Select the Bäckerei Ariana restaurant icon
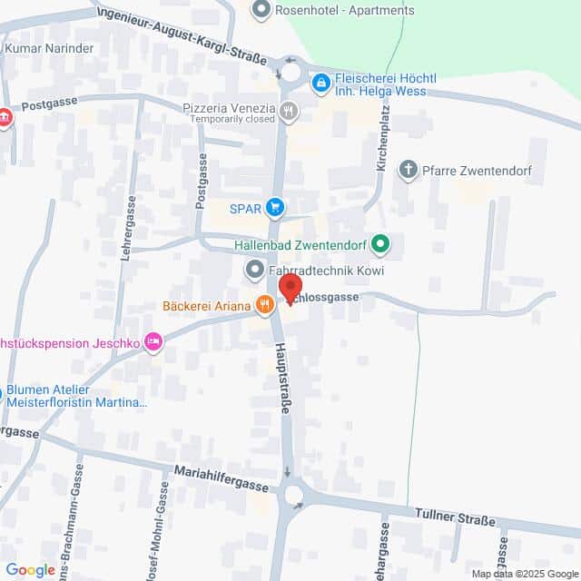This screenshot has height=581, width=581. point(264,306)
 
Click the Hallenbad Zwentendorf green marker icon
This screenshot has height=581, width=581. point(382,243)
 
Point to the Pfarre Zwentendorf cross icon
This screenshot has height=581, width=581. point(409,170)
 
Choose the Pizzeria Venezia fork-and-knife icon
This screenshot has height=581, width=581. point(289,111)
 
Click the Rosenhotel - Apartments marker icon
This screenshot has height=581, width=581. point(262,11)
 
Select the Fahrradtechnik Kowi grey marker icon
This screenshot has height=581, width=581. point(254,271)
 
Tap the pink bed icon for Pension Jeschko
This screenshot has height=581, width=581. point(153,342)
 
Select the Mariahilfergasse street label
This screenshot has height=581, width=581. point(222,480)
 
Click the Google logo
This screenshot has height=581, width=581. point(30,569)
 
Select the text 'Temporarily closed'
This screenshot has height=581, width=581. point(228,120)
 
